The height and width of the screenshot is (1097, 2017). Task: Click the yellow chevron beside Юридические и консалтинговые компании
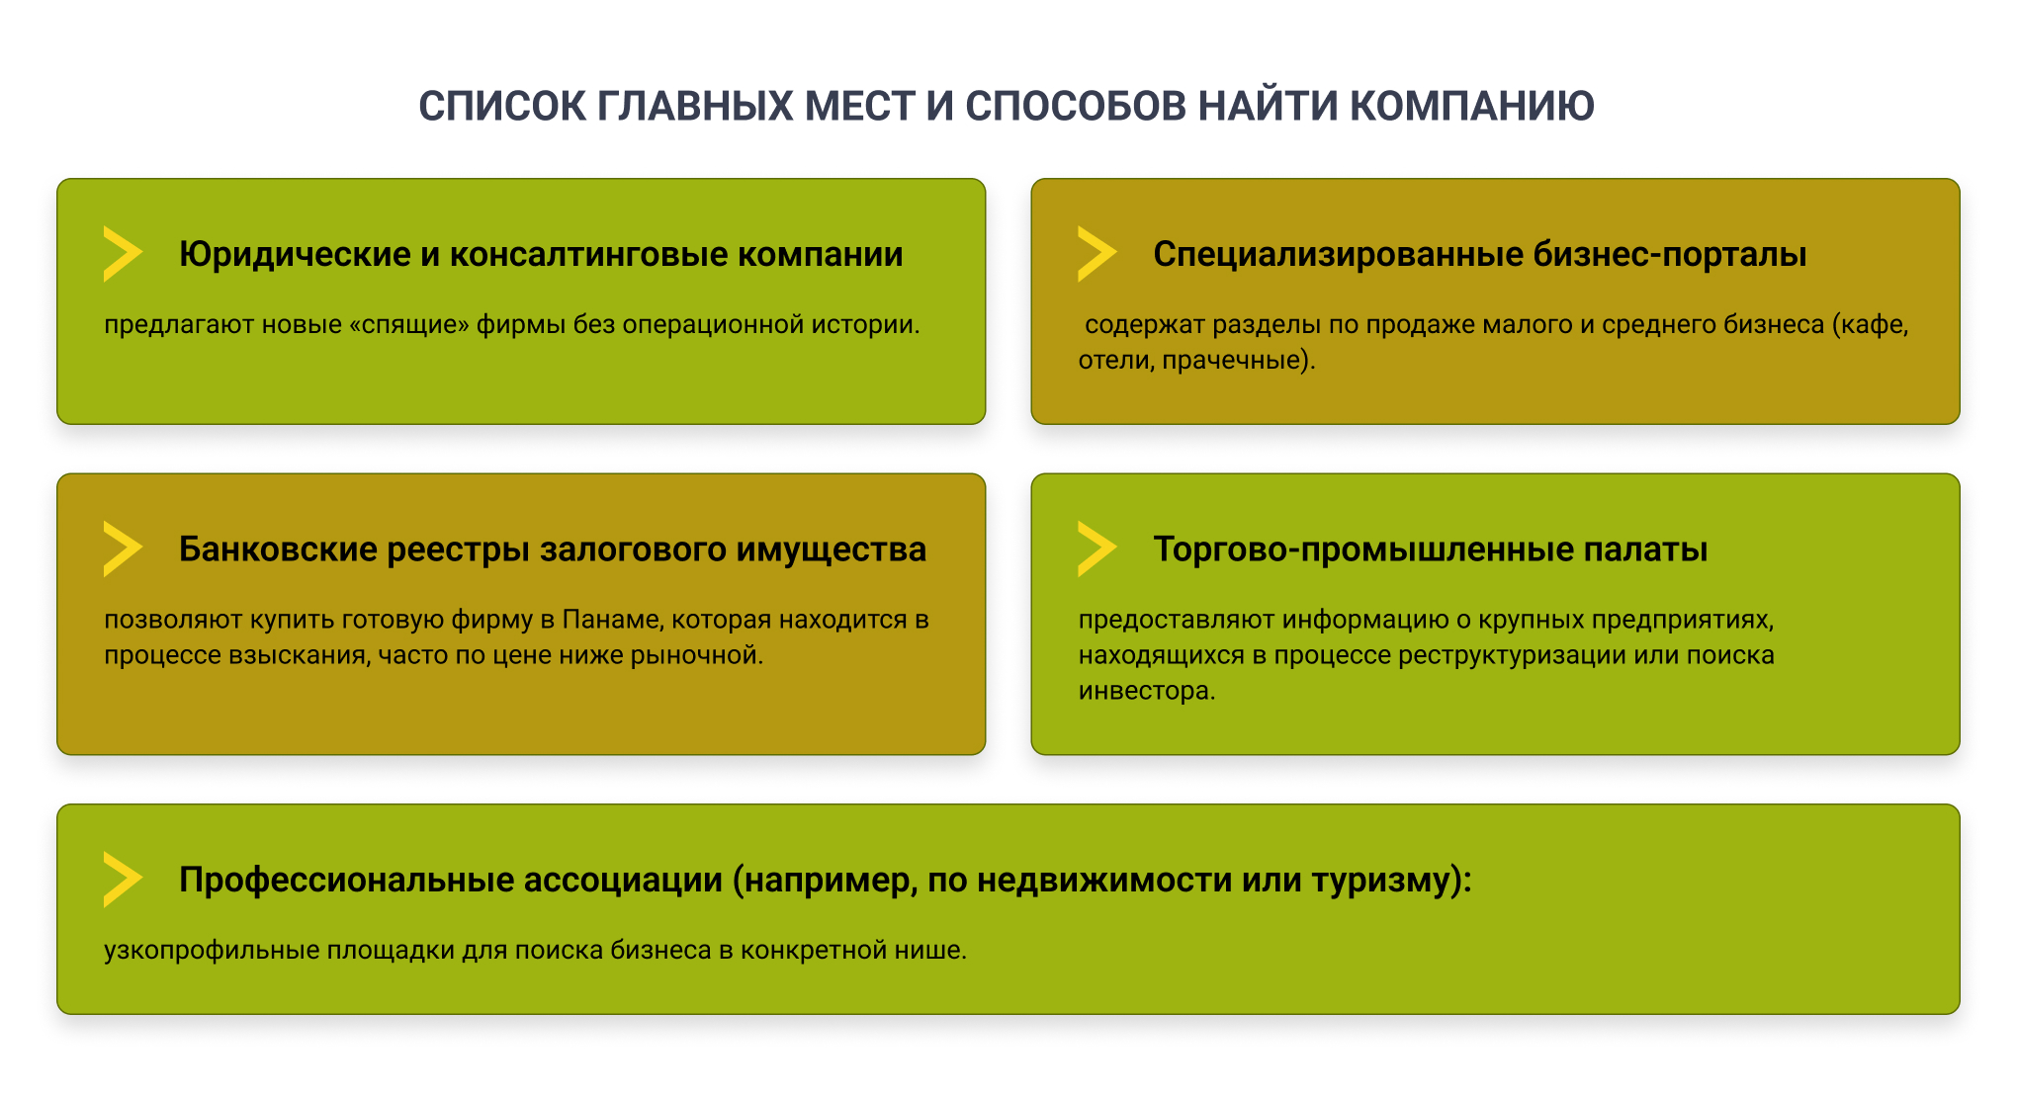pyautogui.click(x=122, y=254)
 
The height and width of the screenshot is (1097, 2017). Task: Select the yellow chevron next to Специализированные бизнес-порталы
pyautogui.click(x=1096, y=254)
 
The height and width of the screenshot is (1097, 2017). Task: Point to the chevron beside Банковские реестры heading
pyautogui.click(x=122, y=548)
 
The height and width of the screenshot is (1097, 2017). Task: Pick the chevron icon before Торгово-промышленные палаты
pyautogui.click(x=1096, y=548)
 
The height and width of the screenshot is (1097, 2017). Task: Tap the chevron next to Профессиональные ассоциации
pyautogui.click(x=122, y=879)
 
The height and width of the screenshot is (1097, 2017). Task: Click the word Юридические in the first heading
pyautogui.click(x=295, y=254)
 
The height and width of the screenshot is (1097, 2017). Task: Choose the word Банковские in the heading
pyautogui.click(x=278, y=548)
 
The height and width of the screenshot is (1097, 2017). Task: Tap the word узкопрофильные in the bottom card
pyautogui.click(x=212, y=950)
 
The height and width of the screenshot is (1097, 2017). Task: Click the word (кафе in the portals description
pyautogui.click(x=1869, y=325)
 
